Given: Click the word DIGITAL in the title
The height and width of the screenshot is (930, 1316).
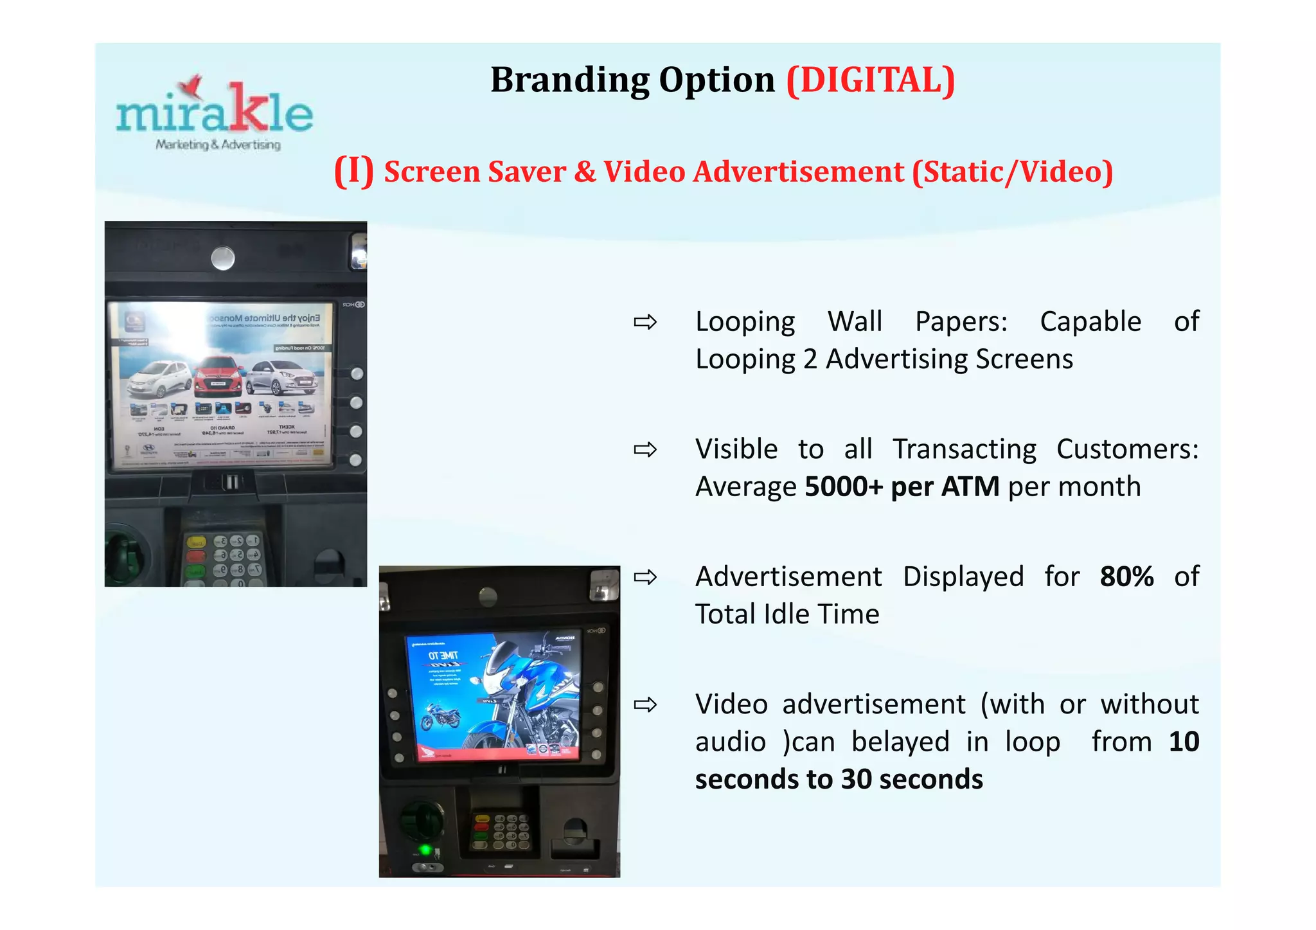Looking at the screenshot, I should click(x=871, y=80).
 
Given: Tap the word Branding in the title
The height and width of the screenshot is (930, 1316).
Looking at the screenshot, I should click(x=569, y=80).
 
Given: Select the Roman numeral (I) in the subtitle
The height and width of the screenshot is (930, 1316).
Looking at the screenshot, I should click(x=353, y=172).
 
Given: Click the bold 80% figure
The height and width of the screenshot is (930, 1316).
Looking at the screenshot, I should click(x=1126, y=577).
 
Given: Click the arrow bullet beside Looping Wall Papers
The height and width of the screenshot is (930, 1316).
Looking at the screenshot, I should click(x=645, y=321).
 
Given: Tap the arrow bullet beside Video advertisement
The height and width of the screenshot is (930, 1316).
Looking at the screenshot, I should click(x=645, y=704).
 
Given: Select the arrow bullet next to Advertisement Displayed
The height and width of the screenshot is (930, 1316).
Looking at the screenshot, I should click(x=645, y=577).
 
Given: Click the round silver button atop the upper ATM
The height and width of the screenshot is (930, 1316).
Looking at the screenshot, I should click(x=223, y=258).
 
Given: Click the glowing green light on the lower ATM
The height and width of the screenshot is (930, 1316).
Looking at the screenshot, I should click(x=424, y=850).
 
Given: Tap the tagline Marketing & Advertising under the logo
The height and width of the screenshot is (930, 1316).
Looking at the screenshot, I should click(x=218, y=145).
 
